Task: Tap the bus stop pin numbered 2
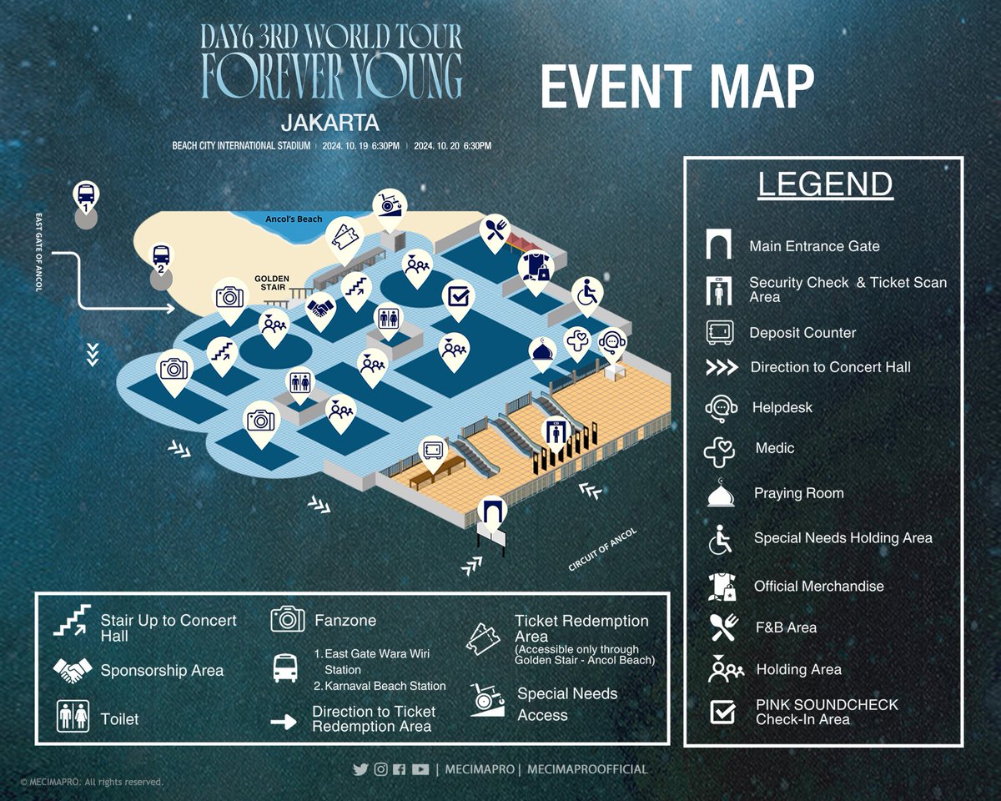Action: [x=160, y=257]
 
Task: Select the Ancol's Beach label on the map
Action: [x=294, y=219]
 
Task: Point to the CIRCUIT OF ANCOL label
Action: [x=602, y=551]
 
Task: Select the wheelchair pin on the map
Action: [x=587, y=293]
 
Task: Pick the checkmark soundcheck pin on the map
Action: [x=458, y=296]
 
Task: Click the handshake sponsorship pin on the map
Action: [x=319, y=310]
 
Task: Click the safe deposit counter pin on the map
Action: [x=432, y=451]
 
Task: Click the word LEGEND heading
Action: [x=824, y=184]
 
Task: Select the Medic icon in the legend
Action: [x=720, y=450]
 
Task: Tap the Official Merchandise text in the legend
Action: [x=818, y=586]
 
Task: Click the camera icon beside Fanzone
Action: [x=288, y=620]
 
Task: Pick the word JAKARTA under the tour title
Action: [x=330, y=123]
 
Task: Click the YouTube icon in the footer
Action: [x=420, y=769]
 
